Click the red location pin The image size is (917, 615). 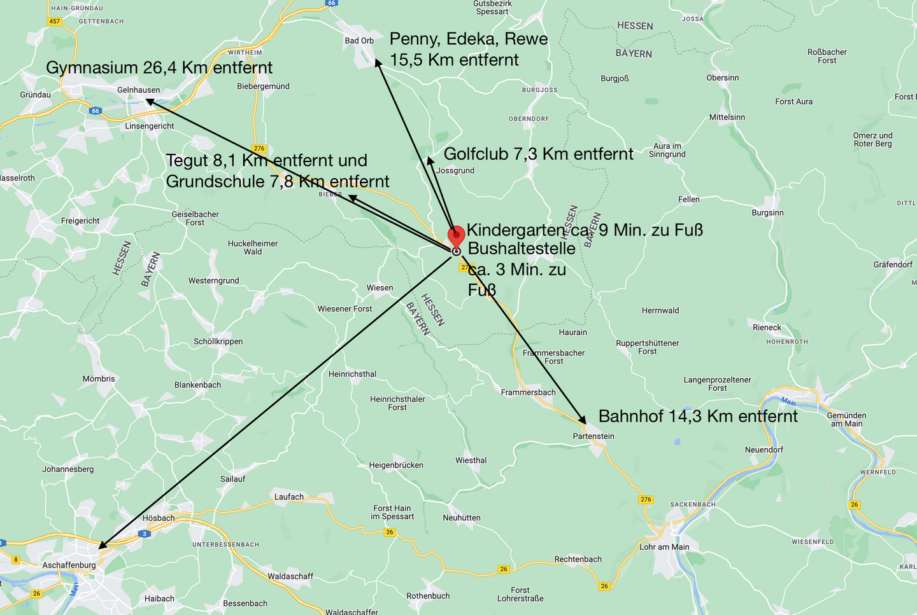456,236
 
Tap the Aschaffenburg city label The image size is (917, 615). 69,565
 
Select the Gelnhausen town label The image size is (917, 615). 138,90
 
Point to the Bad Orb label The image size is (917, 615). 359,41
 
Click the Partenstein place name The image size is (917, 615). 594,436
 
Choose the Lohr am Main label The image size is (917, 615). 664,547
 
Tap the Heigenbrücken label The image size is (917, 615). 396,465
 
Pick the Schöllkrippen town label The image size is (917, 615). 218,342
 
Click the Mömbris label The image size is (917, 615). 99,378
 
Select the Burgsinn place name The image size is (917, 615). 767,212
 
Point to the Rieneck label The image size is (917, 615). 767,328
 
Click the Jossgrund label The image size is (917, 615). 455,170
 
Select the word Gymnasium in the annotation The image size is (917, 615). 92,67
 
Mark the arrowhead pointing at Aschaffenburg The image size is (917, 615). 102,546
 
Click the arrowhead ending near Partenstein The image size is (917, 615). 583,421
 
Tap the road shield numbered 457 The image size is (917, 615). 55,21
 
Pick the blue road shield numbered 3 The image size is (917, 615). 145,534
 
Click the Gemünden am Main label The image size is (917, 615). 846,420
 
